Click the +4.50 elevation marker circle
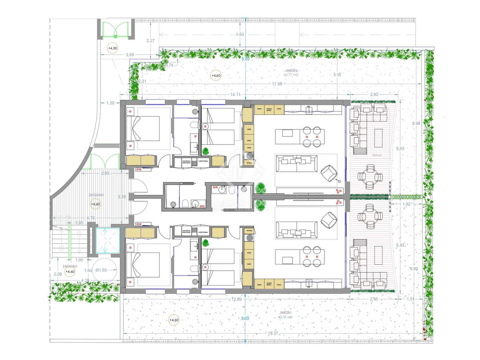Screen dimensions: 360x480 pos(112,48)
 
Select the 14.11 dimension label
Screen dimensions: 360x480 pos(235,94)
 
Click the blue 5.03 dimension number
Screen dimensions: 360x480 pos(245,59)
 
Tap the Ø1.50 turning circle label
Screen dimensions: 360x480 pos(101,270)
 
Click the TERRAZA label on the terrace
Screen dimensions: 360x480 pos(377,155)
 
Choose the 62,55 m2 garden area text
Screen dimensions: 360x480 pos(285,317)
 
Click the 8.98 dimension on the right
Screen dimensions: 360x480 pos(416,123)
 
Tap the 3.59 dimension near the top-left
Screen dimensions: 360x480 pos(130,55)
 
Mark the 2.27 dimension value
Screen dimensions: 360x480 pos(150,40)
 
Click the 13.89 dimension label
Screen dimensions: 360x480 pos(237,299)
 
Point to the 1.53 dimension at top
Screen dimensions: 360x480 pos(240,34)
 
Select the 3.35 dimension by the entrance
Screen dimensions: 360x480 pos(121,197)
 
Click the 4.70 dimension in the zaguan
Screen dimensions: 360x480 pos(91,218)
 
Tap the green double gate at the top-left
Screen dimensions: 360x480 pos(115,29)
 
